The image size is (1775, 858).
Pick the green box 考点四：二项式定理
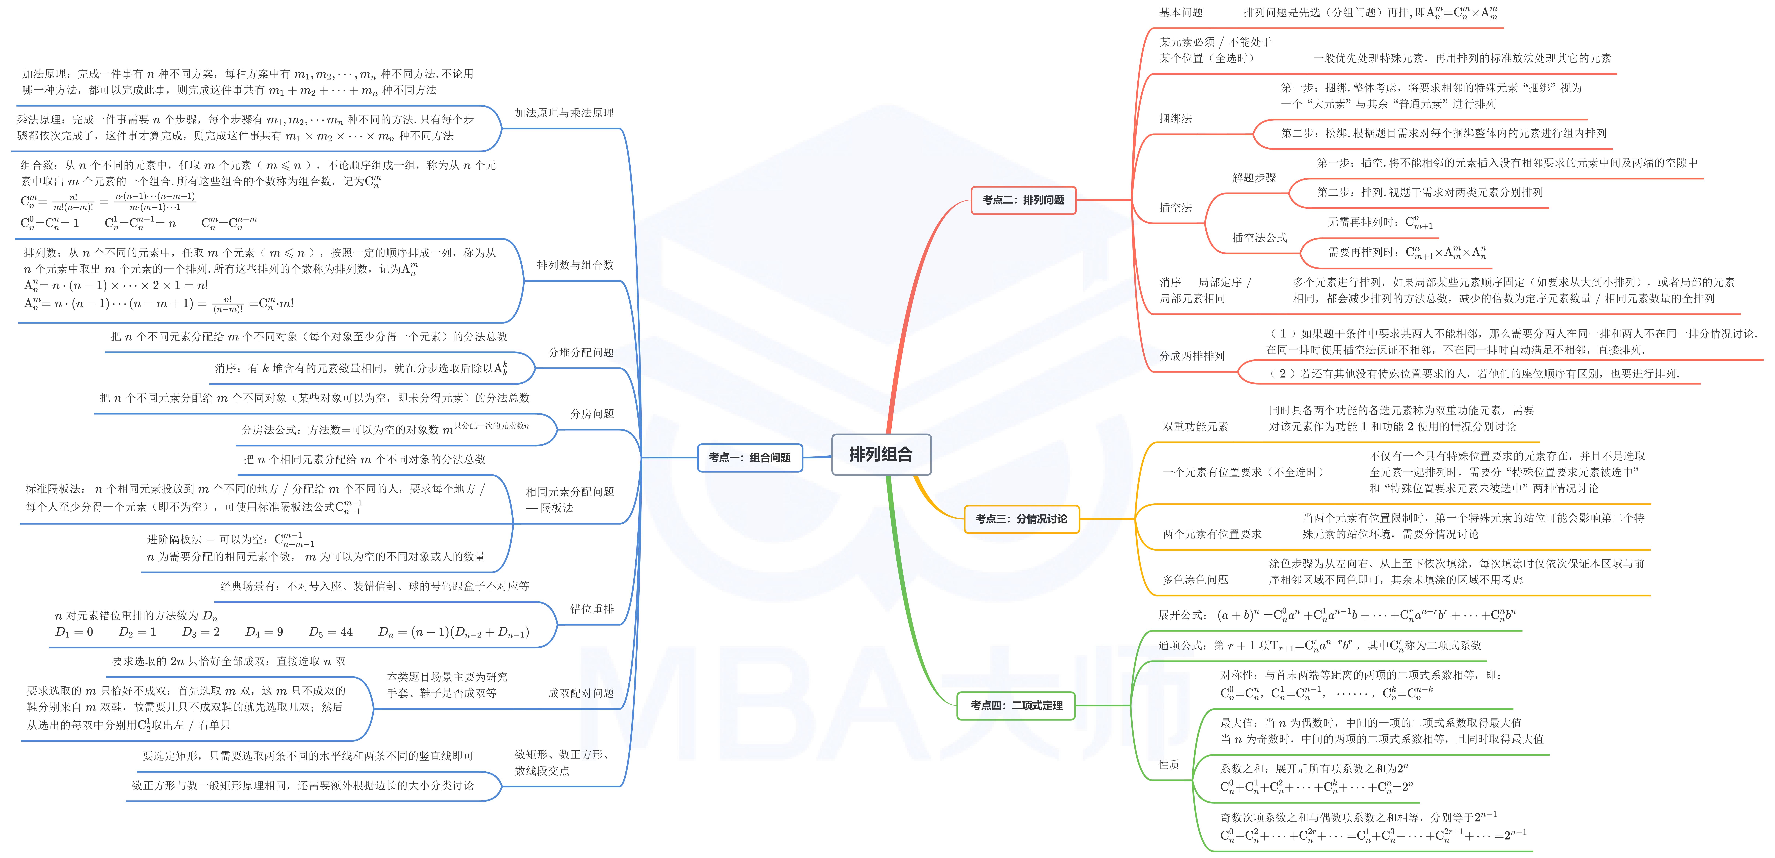(x=1016, y=705)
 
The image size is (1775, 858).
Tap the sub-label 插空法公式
(x=1259, y=237)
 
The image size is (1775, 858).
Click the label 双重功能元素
(x=1195, y=426)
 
